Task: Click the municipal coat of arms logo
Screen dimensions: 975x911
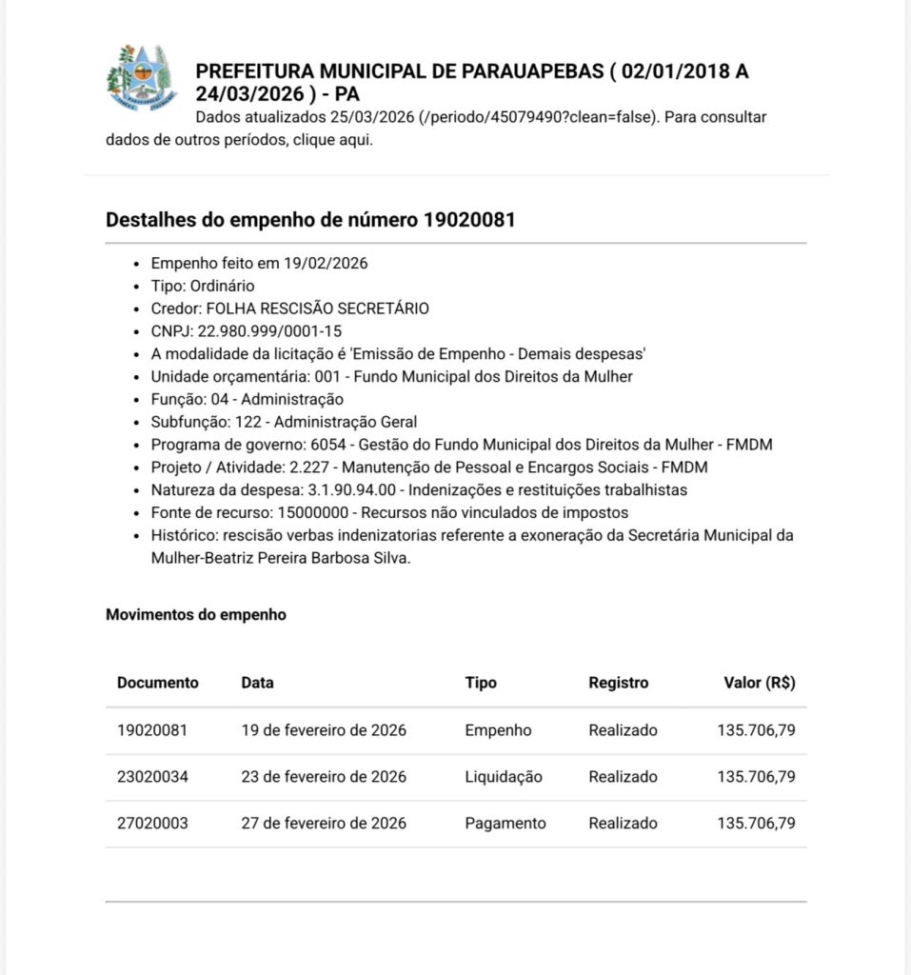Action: click(x=141, y=78)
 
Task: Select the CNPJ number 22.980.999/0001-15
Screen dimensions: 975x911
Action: click(x=269, y=331)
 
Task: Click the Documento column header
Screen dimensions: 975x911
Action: click(x=158, y=683)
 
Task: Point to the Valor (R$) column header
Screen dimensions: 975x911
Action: click(x=759, y=683)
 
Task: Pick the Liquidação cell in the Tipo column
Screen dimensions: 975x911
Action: click(x=504, y=777)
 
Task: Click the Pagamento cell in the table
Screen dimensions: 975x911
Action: click(x=505, y=823)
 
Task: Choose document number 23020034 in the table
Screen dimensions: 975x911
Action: click(x=152, y=777)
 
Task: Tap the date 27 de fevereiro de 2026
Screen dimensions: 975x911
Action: click(x=324, y=823)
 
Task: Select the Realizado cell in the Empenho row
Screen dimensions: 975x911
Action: click(x=623, y=731)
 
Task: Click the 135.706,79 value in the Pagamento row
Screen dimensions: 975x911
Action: click(x=756, y=823)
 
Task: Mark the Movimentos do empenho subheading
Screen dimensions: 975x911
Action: click(x=195, y=615)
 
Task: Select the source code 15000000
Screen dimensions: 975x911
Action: click(x=292, y=513)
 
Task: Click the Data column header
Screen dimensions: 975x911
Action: click(x=257, y=683)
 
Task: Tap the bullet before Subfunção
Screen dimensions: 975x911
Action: click(x=139, y=423)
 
